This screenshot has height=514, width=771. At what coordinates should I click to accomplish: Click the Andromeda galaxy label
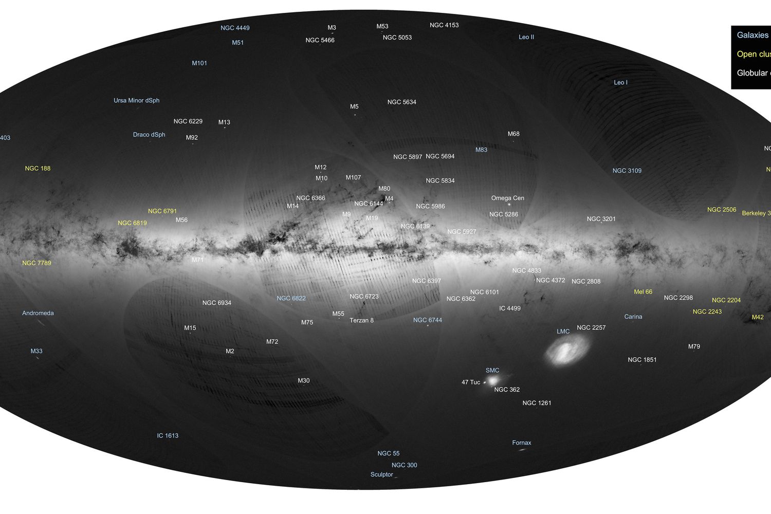pyautogui.click(x=38, y=313)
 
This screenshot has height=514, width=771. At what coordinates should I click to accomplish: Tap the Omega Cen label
pyautogui.click(x=507, y=198)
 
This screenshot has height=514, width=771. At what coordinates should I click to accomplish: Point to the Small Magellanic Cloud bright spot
pyautogui.click(x=492, y=380)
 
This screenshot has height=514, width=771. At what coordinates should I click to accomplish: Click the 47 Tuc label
pyautogui.click(x=470, y=382)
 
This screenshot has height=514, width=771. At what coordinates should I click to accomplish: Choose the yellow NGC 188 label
pyautogui.click(x=38, y=169)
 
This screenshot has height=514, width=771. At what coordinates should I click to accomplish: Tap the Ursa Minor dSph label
pyautogui.click(x=136, y=101)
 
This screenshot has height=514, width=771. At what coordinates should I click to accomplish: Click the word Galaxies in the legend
pyautogui.click(x=752, y=35)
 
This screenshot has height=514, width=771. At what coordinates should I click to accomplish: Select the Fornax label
pyautogui.click(x=521, y=443)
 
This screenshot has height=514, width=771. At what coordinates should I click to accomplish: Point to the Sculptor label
pyautogui.click(x=381, y=475)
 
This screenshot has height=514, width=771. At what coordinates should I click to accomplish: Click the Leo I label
pyautogui.click(x=620, y=83)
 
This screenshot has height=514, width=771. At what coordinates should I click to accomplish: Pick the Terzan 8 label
pyautogui.click(x=361, y=321)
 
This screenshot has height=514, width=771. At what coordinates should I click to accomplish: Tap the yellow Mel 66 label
pyautogui.click(x=642, y=292)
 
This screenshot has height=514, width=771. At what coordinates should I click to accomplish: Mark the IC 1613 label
pyautogui.click(x=168, y=436)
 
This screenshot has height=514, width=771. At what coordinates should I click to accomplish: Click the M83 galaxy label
pyautogui.click(x=481, y=150)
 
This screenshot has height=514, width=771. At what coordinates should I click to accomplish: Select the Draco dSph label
pyautogui.click(x=149, y=135)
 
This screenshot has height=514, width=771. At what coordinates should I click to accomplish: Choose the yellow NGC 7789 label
pyautogui.click(x=36, y=263)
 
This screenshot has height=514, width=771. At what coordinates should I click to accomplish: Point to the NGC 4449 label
pyautogui.click(x=235, y=28)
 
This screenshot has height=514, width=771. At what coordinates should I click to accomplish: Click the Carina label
pyautogui.click(x=633, y=317)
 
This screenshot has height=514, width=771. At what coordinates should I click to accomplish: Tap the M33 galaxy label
pyautogui.click(x=36, y=352)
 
